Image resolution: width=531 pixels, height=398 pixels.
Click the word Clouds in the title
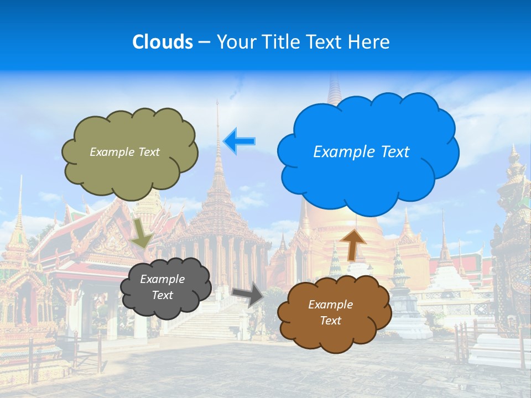pos(162,42)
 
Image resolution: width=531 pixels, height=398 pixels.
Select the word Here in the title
pos(371,42)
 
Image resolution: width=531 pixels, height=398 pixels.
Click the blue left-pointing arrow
pos(240,142)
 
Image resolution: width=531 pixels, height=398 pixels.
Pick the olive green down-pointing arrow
pos(142,233)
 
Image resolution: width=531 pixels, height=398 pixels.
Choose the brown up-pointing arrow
pos(353,244)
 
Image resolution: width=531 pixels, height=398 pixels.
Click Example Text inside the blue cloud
pos(361,152)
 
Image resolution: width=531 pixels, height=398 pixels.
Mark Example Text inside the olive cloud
pos(124,152)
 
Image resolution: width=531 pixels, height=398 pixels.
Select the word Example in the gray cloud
pos(162,279)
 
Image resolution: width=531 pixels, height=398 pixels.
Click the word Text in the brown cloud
pos(331,321)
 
